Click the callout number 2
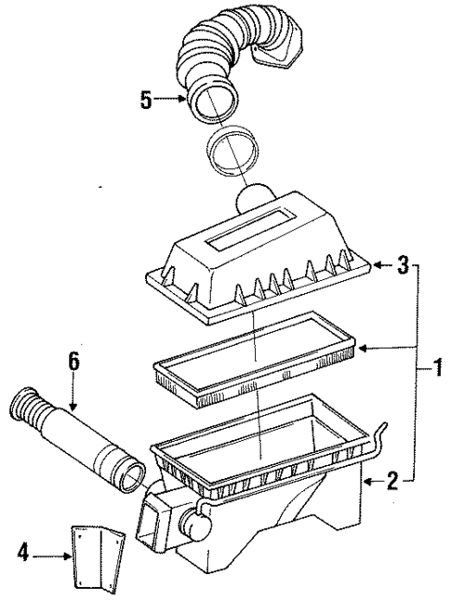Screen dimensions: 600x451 point(392,481)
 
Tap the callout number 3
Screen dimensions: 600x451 point(402,266)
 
